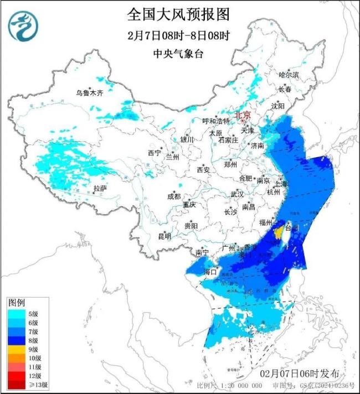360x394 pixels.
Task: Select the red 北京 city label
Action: click(x=243, y=115)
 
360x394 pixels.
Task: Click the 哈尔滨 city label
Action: click(x=289, y=74)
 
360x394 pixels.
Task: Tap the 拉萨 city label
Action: click(x=100, y=189)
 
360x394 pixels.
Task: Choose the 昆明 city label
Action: click(x=164, y=236)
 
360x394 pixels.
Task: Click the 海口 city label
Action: click(x=210, y=272)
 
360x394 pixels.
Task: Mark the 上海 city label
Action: click(x=281, y=183)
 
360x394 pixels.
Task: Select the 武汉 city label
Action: click(x=237, y=194)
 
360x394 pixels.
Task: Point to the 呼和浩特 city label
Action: click(x=214, y=121)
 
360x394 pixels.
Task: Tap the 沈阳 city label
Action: click(x=278, y=106)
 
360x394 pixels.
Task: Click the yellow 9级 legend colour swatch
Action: click(x=17, y=349)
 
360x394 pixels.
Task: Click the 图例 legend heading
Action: click(x=16, y=303)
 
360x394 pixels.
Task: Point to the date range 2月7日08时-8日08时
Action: click(x=178, y=35)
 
